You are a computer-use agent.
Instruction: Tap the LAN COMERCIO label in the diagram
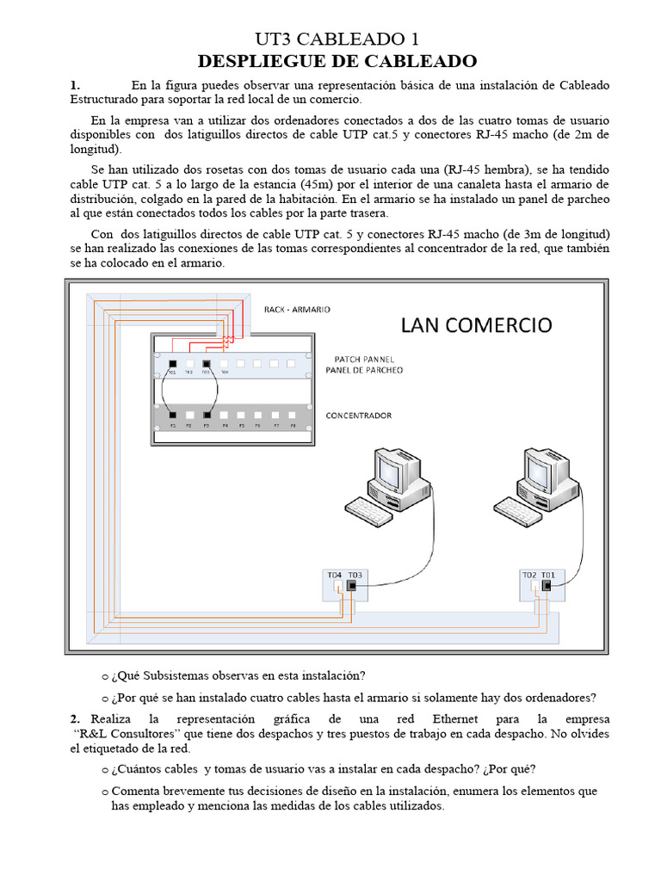pyautogui.click(x=476, y=324)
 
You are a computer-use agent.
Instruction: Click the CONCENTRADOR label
pyautogui.click(x=358, y=416)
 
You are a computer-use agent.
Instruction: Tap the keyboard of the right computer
pyautogui.click(x=516, y=514)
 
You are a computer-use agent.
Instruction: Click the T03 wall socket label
pyautogui.click(x=356, y=574)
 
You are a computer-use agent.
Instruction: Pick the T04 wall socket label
pyautogui.click(x=335, y=574)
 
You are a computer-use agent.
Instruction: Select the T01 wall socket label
pyautogui.click(x=548, y=574)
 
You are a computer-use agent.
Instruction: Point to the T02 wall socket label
pyautogui.click(x=528, y=574)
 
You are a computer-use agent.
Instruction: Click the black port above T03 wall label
pyautogui.click(x=351, y=586)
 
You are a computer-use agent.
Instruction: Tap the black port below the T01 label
pyautogui.click(x=547, y=586)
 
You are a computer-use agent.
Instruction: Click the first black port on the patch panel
pyautogui.click(x=172, y=364)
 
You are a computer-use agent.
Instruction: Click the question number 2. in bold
pyautogui.click(x=75, y=718)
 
